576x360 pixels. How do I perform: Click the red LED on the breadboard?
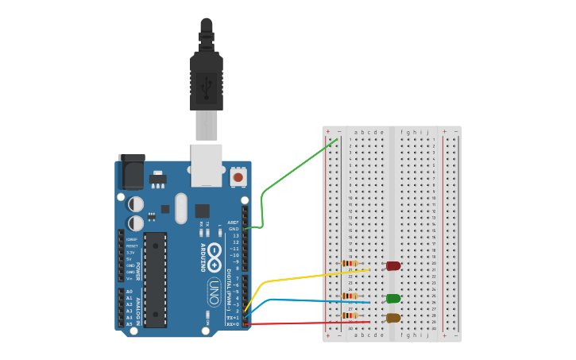click(x=393, y=265)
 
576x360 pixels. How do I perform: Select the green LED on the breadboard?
click(x=393, y=299)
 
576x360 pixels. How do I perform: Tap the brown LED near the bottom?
click(x=393, y=318)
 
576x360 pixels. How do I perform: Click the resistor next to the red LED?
click(x=350, y=264)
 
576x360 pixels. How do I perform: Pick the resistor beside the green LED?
click(x=350, y=296)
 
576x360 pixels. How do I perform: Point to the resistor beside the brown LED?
click(x=350, y=315)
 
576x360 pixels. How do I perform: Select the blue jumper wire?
click(x=318, y=301)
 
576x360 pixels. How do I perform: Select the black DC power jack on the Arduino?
click(x=131, y=172)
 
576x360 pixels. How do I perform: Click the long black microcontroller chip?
click(x=155, y=280)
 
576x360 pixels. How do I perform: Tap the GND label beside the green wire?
click(x=234, y=229)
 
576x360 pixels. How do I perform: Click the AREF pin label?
click(x=233, y=223)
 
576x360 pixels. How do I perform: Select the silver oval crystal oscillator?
click(x=181, y=208)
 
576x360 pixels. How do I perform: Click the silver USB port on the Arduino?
click(x=207, y=165)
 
